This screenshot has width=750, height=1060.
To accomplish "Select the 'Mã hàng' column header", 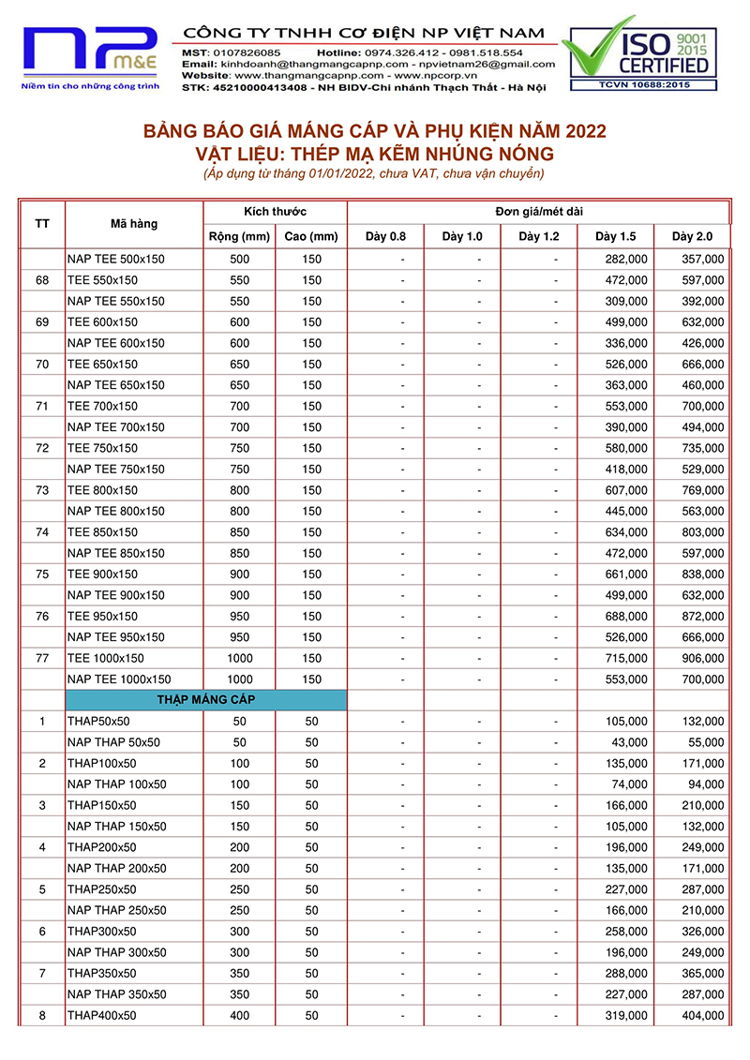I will pyautogui.click(x=134, y=224).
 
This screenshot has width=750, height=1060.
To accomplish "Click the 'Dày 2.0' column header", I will pyautogui.click(x=691, y=236).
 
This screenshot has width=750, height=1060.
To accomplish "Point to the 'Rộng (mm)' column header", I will pyautogui.click(x=239, y=236).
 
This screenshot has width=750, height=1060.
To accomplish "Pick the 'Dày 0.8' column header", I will pyautogui.click(x=385, y=236).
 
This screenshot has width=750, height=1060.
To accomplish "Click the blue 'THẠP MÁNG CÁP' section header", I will pyautogui.click(x=206, y=700).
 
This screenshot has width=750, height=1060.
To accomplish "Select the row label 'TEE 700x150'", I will pyautogui.click(x=102, y=406).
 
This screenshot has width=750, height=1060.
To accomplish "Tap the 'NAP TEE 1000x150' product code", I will pyautogui.click(x=119, y=679).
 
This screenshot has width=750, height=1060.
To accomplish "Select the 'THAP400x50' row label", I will pyautogui.click(x=101, y=1015).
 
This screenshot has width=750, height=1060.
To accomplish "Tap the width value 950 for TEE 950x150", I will pyautogui.click(x=239, y=616).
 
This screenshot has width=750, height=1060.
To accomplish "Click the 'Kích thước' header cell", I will pyautogui.click(x=275, y=212).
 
